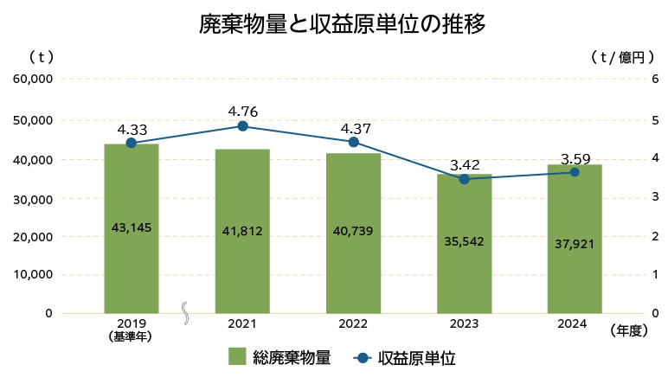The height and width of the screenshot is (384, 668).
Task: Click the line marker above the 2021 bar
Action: [x=242, y=126]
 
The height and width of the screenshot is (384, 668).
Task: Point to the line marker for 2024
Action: [x=575, y=172]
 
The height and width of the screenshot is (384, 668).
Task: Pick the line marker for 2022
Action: [x=353, y=142]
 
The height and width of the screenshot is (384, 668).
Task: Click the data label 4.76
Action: [x=242, y=111]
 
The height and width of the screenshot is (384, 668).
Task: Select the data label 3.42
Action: [x=464, y=164]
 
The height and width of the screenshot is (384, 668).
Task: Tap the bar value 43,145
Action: [x=132, y=227]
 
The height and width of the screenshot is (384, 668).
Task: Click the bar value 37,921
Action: [x=575, y=244]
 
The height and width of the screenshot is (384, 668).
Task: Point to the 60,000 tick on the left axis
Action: [x=33, y=79]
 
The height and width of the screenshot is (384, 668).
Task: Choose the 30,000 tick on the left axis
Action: [x=33, y=198]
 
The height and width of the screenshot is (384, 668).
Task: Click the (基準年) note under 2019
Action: [x=131, y=337]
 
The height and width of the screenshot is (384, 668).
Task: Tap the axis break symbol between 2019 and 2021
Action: [x=186, y=313]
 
